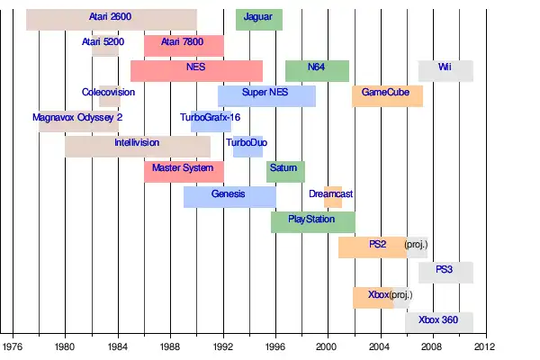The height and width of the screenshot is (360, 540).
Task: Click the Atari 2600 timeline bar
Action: [x=111, y=19]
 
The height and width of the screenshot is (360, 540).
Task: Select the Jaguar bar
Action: [x=258, y=19]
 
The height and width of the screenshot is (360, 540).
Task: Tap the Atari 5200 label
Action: [x=103, y=42]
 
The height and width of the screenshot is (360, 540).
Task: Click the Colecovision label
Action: [x=108, y=93]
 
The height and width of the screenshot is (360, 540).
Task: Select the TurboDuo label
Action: [x=244, y=143]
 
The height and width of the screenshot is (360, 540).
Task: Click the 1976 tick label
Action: [x=13, y=345]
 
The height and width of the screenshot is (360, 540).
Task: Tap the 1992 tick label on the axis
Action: [x=222, y=345]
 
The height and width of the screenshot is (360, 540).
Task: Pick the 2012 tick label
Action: [x=484, y=345]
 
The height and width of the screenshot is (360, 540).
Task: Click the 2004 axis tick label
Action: [x=380, y=345]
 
